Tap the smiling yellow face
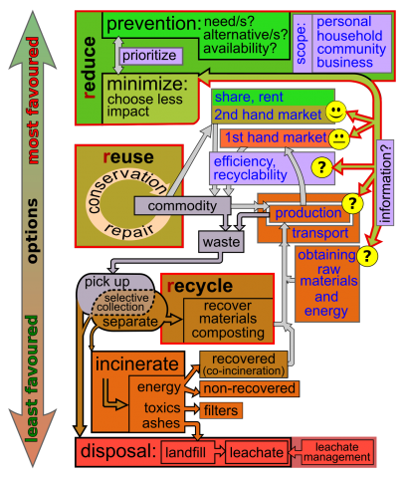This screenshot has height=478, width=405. point(337,110)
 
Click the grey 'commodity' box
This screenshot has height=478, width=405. point(173,205)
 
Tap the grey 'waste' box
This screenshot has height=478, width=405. point(220,241)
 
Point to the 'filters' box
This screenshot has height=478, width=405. point(221,410)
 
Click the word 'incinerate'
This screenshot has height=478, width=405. point(138,363)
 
